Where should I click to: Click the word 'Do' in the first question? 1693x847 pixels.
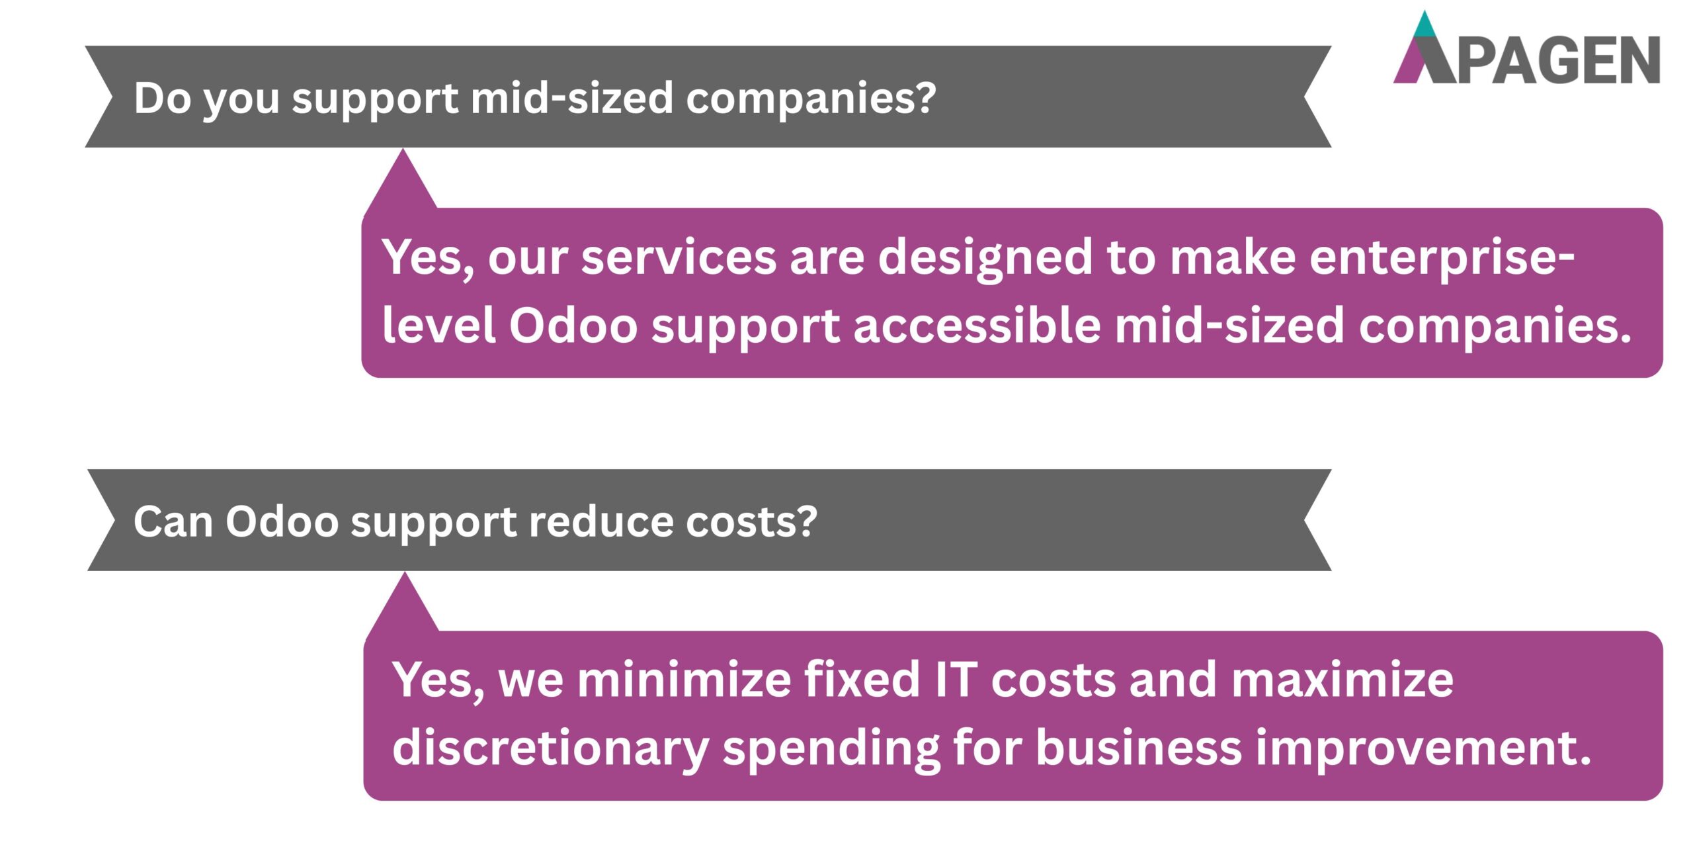point(162,99)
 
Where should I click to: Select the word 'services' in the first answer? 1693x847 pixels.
point(679,257)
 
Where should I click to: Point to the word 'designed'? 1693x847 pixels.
point(985,259)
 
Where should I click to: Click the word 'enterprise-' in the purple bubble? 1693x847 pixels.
point(1442,259)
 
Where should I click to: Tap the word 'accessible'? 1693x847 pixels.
point(977,326)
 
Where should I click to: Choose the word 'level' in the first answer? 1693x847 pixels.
point(438,326)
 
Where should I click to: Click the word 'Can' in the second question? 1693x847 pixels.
point(173,522)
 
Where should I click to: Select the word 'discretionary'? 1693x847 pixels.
point(550,748)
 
